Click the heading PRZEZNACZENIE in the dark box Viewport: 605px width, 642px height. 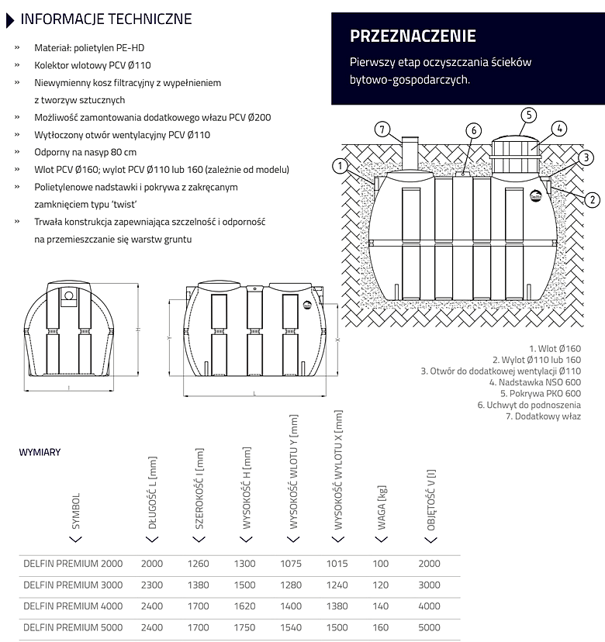pos(413,36)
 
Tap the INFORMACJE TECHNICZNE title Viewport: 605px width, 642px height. pos(106,19)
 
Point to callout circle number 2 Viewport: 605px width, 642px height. pos(593,200)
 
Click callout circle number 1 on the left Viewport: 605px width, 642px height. pos(340,164)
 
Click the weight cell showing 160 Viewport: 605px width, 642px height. pos(382,627)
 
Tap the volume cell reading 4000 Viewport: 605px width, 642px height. pos(429,606)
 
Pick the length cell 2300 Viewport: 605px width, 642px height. pos(153,585)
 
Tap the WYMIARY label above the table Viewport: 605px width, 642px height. pos(40,452)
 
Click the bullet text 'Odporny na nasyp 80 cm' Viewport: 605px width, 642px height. pos(85,152)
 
